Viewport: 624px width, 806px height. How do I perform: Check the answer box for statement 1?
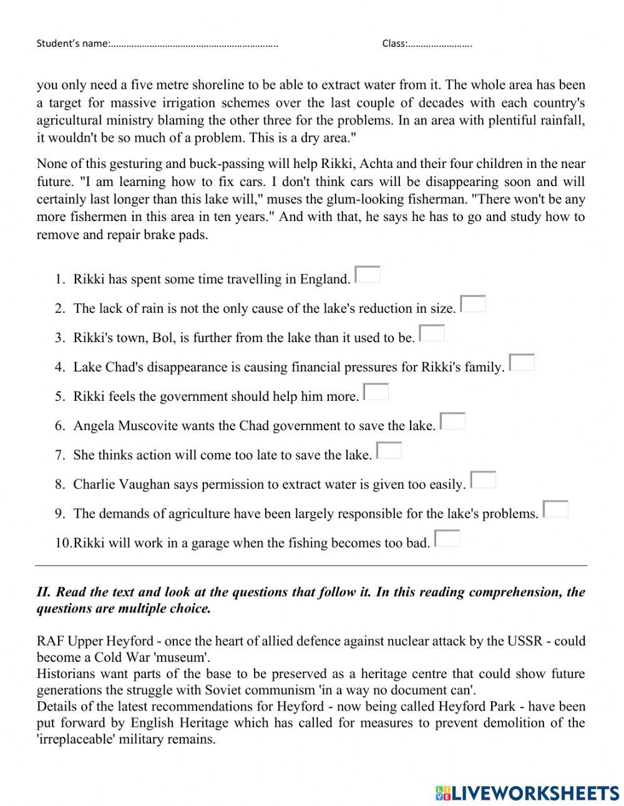click(x=368, y=275)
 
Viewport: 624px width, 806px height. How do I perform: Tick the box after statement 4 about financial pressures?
click(x=522, y=363)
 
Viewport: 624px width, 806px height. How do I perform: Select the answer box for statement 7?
click(x=389, y=451)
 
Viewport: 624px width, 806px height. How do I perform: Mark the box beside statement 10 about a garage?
click(x=447, y=539)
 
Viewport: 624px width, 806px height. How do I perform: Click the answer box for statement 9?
click(x=555, y=509)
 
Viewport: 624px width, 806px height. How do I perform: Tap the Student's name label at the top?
click(x=73, y=44)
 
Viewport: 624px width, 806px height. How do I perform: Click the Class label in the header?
click(x=394, y=44)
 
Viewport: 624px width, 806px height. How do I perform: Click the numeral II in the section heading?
click(x=43, y=592)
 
